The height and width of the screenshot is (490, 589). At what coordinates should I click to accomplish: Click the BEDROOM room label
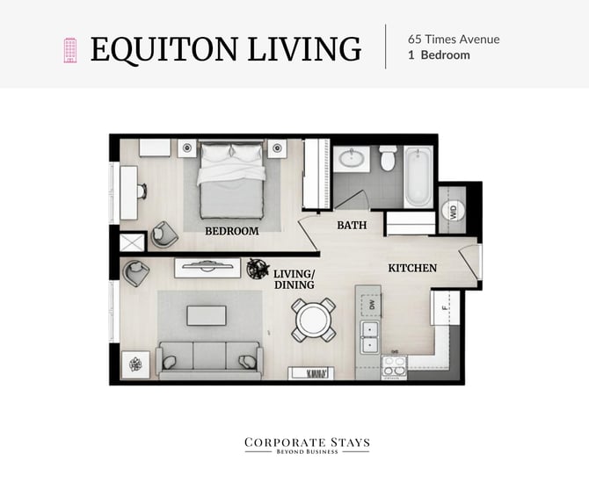coord(232,231)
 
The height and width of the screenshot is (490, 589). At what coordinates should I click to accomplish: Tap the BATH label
coord(352,225)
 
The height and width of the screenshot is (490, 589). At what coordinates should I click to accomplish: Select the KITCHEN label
coord(412,268)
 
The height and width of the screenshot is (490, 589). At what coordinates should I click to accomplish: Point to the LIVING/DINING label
coord(294,279)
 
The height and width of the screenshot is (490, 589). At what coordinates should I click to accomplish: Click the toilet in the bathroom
coord(388,158)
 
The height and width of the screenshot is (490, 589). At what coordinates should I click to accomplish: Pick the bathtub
coord(418,177)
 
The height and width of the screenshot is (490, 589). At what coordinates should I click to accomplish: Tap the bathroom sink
coord(352,159)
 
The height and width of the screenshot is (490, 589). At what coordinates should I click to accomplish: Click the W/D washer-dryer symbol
coord(453,211)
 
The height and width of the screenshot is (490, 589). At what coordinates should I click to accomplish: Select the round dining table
coord(313,320)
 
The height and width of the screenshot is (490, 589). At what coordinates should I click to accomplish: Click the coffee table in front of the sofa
coord(207,315)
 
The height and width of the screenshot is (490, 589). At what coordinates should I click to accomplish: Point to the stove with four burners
coord(395,366)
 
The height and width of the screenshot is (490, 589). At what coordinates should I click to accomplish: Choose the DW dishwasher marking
coord(371,305)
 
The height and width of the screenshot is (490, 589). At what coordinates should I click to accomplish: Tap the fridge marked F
coord(445,308)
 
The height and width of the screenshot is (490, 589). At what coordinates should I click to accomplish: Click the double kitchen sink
coord(370,336)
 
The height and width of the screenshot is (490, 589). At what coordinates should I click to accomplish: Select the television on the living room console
coord(207,265)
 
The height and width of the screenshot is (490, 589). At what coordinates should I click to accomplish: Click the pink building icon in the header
coord(70,50)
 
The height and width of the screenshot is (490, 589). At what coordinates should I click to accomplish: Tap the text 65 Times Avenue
coord(454,40)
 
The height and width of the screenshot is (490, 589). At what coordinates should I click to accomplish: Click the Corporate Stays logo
coord(307,445)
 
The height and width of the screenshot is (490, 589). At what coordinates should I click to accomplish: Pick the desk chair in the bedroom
coord(142,191)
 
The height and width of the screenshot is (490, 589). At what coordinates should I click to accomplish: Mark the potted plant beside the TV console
coord(258,268)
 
